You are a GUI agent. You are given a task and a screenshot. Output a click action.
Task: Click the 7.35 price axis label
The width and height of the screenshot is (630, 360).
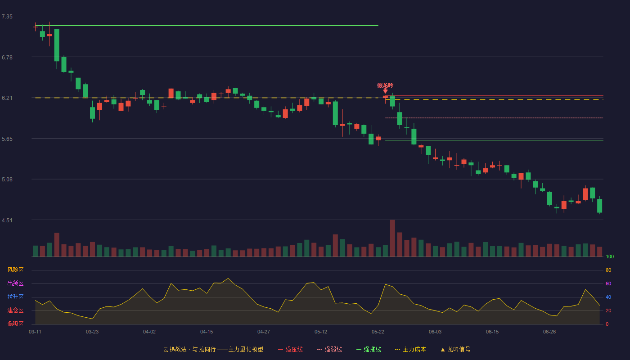[x=7, y=17]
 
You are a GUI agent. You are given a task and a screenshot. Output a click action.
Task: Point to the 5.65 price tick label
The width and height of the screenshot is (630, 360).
[x=7, y=139]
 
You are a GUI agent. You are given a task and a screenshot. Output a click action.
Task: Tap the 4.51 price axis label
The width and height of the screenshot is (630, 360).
[x=7, y=220]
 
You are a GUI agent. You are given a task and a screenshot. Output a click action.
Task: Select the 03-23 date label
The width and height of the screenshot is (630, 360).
[x=92, y=332]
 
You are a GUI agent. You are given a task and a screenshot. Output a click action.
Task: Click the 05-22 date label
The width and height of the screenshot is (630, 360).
[x=378, y=332]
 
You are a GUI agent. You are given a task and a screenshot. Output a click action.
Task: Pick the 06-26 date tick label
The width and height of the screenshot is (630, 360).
[x=549, y=332]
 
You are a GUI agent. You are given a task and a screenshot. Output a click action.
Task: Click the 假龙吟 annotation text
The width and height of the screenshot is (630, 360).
[x=385, y=85]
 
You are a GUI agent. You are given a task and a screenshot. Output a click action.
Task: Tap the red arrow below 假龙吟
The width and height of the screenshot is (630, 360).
[x=385, y=91]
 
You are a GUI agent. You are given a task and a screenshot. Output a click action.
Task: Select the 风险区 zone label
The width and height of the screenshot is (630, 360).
[x=15, y=270]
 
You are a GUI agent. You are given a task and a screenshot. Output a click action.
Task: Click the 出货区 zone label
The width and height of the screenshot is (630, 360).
[x=15, y=283]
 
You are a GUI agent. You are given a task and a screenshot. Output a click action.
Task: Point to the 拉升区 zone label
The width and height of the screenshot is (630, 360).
[x=15, y=297]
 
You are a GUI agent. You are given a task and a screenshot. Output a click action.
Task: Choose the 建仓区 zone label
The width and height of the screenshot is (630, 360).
[x=15, y=310]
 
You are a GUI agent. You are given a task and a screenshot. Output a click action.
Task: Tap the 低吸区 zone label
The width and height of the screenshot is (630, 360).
[x=15, y=324]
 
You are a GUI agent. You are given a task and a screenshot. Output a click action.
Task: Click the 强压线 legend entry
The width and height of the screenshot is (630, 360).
[x=290, y=349]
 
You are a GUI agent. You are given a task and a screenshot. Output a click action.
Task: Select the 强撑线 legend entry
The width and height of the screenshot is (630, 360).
[x=369, y=349]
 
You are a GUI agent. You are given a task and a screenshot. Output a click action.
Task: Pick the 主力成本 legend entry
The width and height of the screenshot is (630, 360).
[x=410, y=349]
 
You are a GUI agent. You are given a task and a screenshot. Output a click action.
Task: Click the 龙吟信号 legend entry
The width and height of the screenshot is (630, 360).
[x=455, y=349]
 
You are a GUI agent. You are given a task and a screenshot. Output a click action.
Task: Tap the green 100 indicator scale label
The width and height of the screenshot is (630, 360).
[x=610, y=256]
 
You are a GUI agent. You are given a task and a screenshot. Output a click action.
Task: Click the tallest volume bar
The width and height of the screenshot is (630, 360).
[x=392, y=238]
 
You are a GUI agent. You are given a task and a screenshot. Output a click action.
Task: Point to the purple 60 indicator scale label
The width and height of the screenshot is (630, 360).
[x=608, y=283]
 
